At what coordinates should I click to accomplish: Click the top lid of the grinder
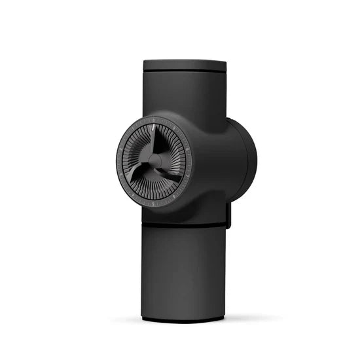click(x=185, y=64)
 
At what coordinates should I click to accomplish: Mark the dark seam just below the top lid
click(x=185, y=71)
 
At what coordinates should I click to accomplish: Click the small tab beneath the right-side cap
click(x=229, y=216)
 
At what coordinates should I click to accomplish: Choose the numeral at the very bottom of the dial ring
click(x=153, y=203)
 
